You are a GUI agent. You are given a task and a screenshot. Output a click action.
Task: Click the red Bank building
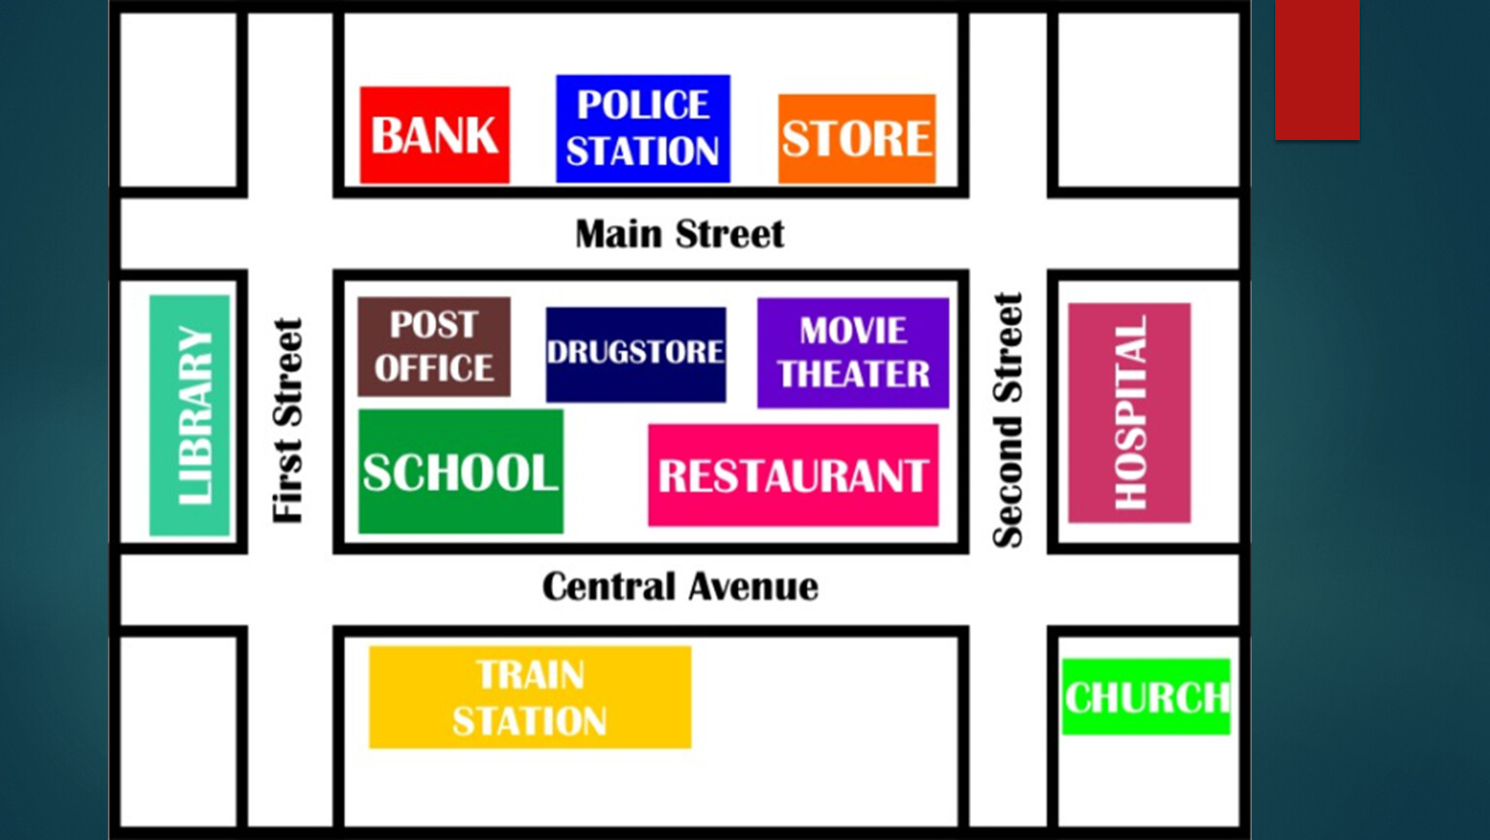point(435,135)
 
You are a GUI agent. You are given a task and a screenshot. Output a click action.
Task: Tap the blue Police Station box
point(643,128)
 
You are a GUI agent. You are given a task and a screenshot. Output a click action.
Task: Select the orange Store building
point(856,138)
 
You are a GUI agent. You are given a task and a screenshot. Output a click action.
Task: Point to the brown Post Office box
point(434,347)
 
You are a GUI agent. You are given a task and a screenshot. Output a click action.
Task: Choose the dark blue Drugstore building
point(636,355)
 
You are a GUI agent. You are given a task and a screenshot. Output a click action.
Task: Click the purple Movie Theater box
point(853,353)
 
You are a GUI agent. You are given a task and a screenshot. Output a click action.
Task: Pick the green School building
point(461,472)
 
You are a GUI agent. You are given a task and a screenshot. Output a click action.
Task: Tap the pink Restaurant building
point(793,475)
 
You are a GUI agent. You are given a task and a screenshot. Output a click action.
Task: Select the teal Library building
point(190,415)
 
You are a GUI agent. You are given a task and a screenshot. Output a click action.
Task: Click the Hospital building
point(1129,412)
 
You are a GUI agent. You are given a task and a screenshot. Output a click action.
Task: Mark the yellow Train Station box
point(530,697)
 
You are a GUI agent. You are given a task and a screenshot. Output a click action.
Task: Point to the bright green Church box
point(1146,697)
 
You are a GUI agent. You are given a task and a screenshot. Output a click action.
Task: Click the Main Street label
point(679,234)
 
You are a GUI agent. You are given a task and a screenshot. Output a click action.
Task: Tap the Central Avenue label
point(680,587)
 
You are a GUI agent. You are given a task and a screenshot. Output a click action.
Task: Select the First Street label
point(288,421)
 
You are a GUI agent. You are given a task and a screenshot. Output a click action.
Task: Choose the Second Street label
point(1008,421)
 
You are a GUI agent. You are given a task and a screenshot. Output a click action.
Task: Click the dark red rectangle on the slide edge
point(1317,70)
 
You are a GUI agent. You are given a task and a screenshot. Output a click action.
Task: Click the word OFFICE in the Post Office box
point(434,368)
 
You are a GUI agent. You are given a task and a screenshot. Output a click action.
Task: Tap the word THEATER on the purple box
point(854,373)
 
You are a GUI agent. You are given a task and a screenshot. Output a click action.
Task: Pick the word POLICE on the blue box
point(643,104)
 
